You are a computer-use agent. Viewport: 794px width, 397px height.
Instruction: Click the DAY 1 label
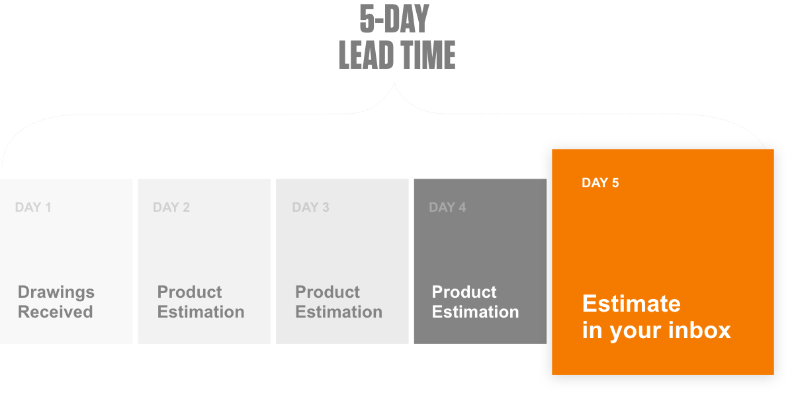point(33,207)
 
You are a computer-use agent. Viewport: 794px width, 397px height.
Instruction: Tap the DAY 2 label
point(171,207)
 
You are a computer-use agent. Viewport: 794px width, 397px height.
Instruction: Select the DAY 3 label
point(310,207)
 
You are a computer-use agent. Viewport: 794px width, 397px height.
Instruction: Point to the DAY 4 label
point(447,207)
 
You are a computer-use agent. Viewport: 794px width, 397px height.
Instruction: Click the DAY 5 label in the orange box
point(600,183)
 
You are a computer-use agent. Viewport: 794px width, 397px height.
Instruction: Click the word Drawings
point(56,292)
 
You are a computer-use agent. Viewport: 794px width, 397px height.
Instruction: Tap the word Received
point(56,312)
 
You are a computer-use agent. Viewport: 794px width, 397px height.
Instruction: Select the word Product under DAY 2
point(189,292)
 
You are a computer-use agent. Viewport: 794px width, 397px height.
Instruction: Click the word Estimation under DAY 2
point(201,312)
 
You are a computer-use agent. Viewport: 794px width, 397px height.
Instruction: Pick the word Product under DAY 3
point(327,292)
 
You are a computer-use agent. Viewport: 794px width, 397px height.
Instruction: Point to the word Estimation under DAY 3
point(339,312)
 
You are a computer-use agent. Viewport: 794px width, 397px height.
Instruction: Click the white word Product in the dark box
point(464,292)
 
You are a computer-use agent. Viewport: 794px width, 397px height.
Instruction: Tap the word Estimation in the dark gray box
point(475,312)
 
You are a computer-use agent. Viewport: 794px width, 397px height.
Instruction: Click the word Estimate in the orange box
point(631,304)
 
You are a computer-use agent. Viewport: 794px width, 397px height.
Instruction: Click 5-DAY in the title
point(394,19)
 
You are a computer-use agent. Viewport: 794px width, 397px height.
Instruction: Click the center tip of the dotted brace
point(394,83)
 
